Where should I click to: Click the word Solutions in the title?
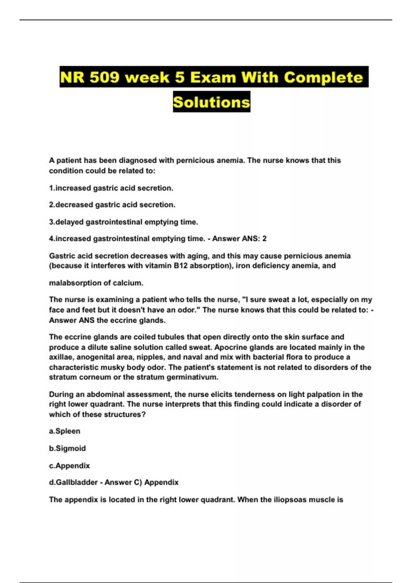(211, 102)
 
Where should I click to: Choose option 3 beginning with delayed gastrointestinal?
(124, 222)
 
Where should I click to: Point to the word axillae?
(61, 357)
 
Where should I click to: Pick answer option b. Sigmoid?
(67, 449)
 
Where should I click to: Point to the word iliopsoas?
(290, 500)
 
